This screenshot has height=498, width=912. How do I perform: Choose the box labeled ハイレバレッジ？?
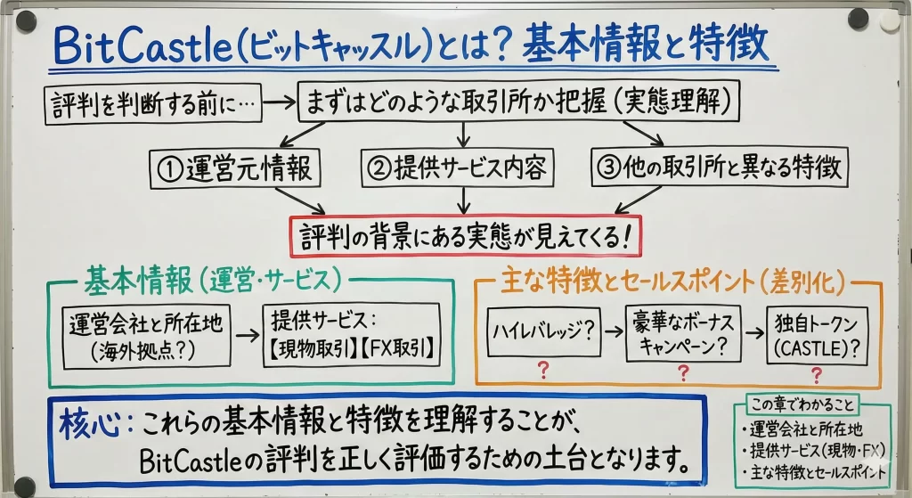(541, 334)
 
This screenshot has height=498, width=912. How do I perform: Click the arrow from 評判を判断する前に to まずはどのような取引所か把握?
(278, 104)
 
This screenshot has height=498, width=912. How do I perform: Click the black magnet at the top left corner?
(26, 20)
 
